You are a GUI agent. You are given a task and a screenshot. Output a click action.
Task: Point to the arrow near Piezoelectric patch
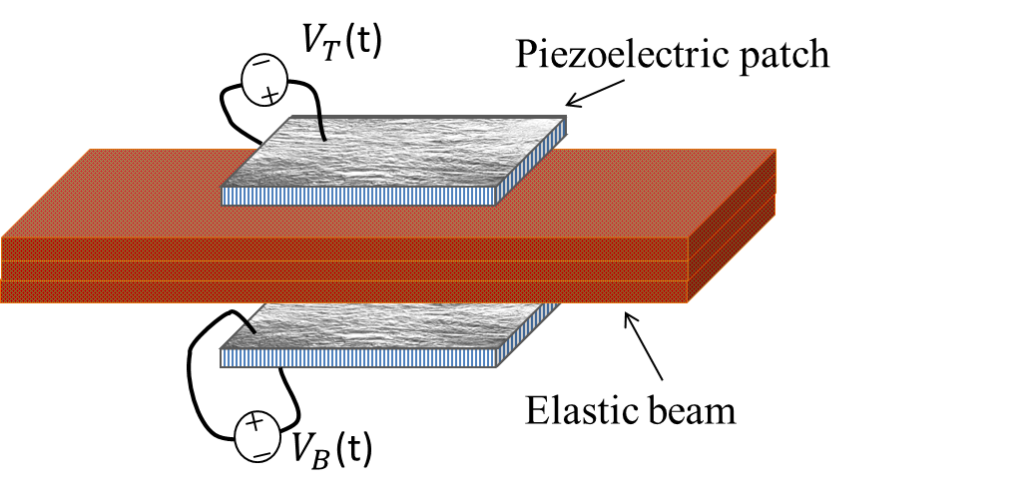[598, 93]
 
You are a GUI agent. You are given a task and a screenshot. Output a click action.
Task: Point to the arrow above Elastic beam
[644, 345]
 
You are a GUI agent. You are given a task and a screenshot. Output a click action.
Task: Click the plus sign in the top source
[268, 94]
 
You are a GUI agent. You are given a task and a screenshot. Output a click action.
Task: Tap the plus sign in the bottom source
[255, 423]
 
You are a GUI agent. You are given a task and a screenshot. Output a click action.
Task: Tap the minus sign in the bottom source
[260, 450]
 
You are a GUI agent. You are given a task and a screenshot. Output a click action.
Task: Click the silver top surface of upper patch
[399, 155]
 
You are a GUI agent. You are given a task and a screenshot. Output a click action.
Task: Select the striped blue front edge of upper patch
[359, 196]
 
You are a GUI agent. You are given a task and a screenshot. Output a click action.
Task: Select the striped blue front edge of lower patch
[359, 358]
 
